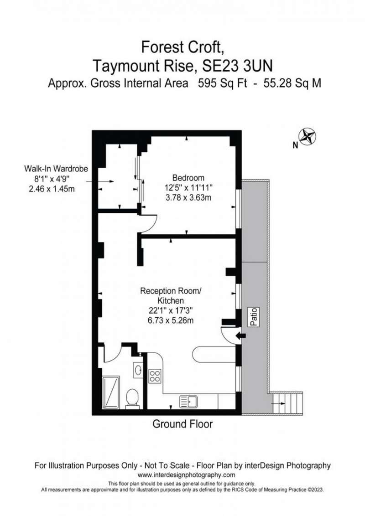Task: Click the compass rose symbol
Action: (x=308, y=137)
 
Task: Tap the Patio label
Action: (x=254, y=317)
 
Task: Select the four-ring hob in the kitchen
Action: (x=155, y=377)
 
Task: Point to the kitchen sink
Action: (x=188, y=402)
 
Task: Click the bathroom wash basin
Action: (x=138, y=370)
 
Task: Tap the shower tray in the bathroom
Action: (x=111, y=392)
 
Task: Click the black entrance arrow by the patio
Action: (x=241, y=335)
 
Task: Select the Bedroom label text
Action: (x=188, y=178)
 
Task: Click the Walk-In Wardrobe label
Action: (x=56, y=169)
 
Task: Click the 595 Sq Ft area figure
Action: (x=222, y=83)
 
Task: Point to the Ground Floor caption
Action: (x=182, y=424)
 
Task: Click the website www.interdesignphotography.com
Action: (x=186, y=475)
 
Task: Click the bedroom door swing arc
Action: (x=154, y=225)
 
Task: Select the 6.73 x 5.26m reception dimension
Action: (x=171, y=320)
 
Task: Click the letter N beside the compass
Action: (x=296, y=145)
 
